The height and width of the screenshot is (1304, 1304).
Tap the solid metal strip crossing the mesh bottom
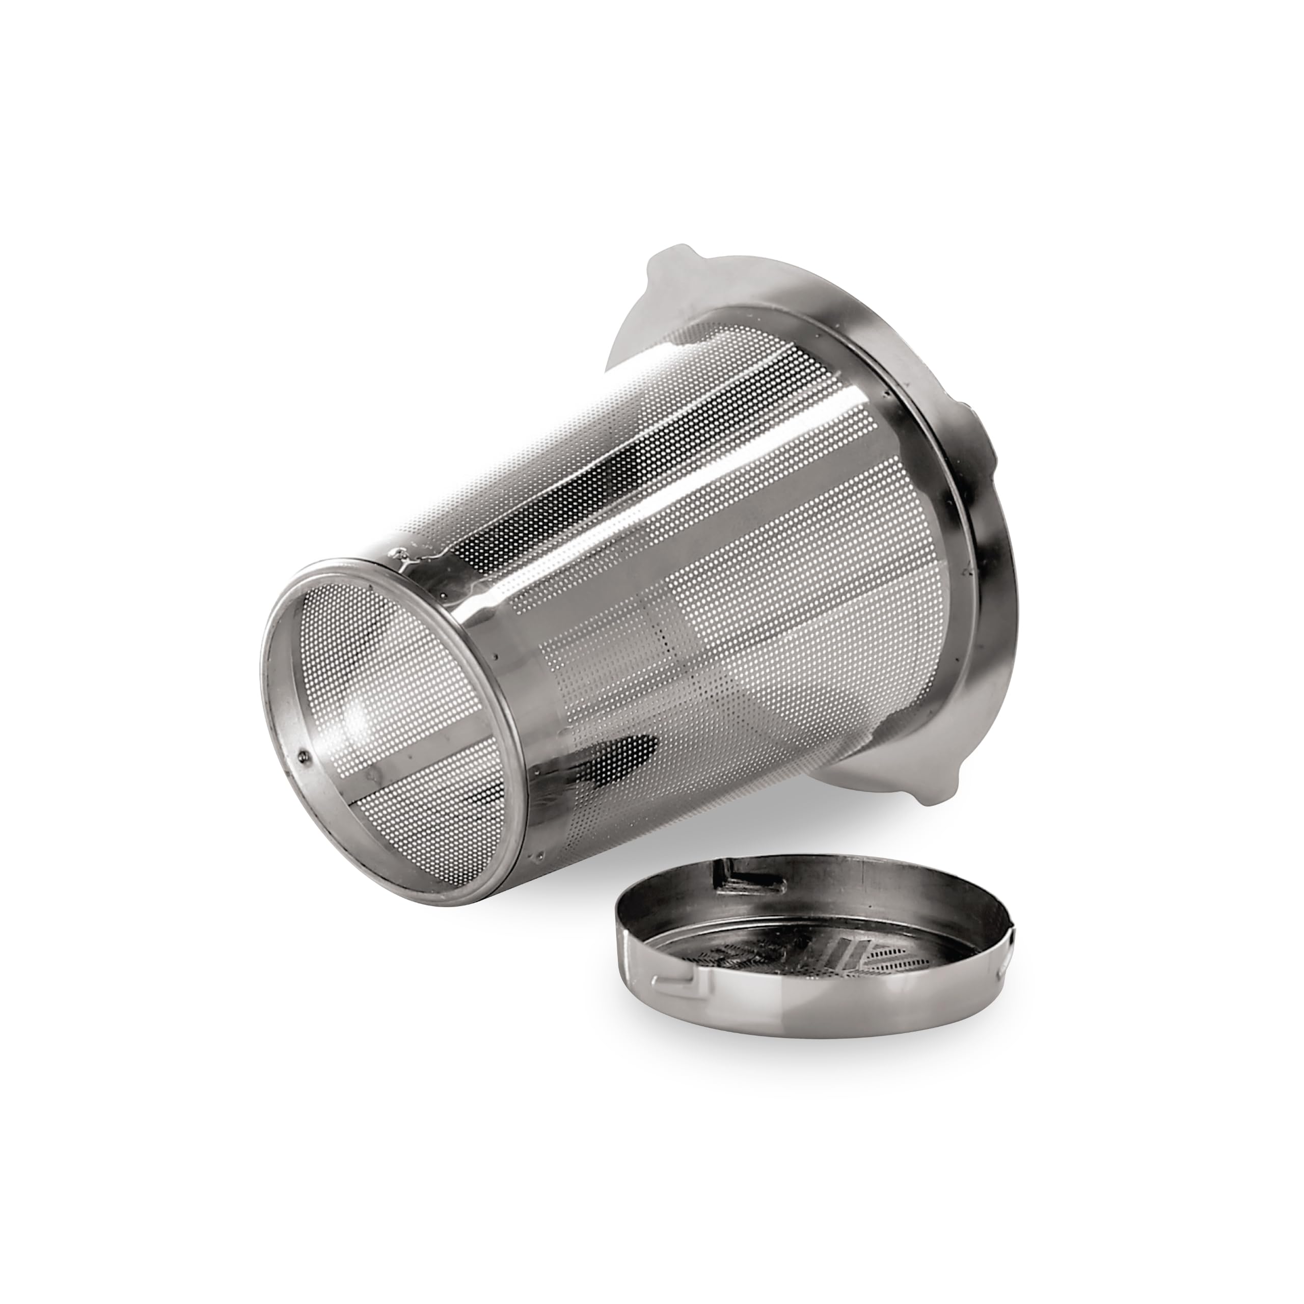(x=405, y=783)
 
